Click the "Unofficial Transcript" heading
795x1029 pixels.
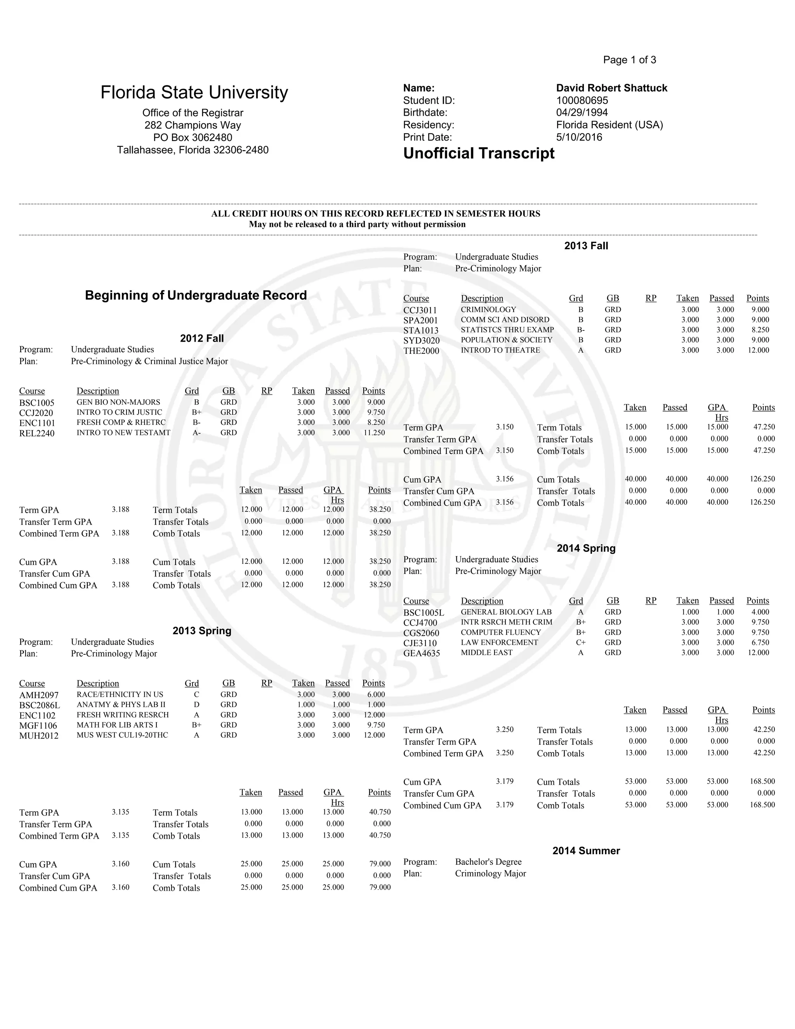[x=479, y=154]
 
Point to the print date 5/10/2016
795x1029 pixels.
[x=579, y=137]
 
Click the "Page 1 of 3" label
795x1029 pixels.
[x=629, y=60]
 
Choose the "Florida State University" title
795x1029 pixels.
[x=194, y=92]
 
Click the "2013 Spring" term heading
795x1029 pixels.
[x=201, y=631]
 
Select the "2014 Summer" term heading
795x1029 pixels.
[x=586, y=850]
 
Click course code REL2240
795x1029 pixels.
[x=37, y=433]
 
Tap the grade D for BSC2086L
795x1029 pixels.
[x=196, y=705]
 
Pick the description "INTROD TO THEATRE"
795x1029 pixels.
[x=500, y=350]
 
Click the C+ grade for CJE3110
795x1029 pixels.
[x=581, y=643]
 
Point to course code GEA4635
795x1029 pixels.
[x=422, y=653]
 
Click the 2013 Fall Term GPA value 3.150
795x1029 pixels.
[x=504, y=427]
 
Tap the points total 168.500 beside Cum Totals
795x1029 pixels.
[x=762, y=781]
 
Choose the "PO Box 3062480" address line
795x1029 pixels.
[x=193, y=137]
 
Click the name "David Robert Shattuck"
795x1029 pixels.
[x=611, y=88]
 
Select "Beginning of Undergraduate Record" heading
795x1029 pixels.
[x=196, y=295]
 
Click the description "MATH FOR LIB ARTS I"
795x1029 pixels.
[x=117, y=725]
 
